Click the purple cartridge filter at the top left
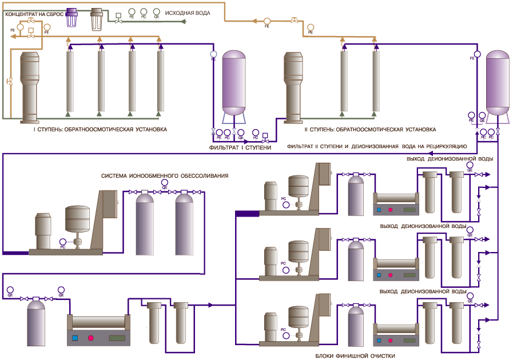[72, 19]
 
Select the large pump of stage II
[293, 86]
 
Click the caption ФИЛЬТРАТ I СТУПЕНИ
[240, 147]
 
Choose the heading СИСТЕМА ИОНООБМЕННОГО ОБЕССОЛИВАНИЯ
[165, 175]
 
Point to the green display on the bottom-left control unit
[117, 338]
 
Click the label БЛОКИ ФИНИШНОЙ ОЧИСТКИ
[355, 355]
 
